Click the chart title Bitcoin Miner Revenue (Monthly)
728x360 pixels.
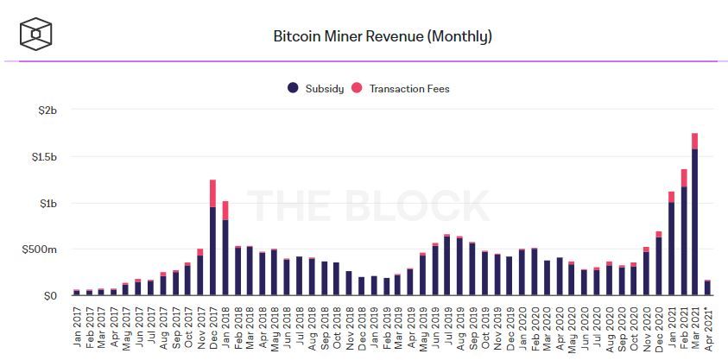pos(382,37)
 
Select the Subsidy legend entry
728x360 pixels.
pos(317,88)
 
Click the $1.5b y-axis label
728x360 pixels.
pos(43,157)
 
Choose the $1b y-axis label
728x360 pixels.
pos(47,204)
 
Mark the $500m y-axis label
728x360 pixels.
pos(41,249)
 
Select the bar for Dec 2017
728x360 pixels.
pos(212,246)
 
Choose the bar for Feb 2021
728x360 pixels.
pos(683,237)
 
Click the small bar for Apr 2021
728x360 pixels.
pos(707,288)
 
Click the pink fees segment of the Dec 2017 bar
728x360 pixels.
pos(212,193)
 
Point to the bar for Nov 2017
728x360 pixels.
pos(200,275)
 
